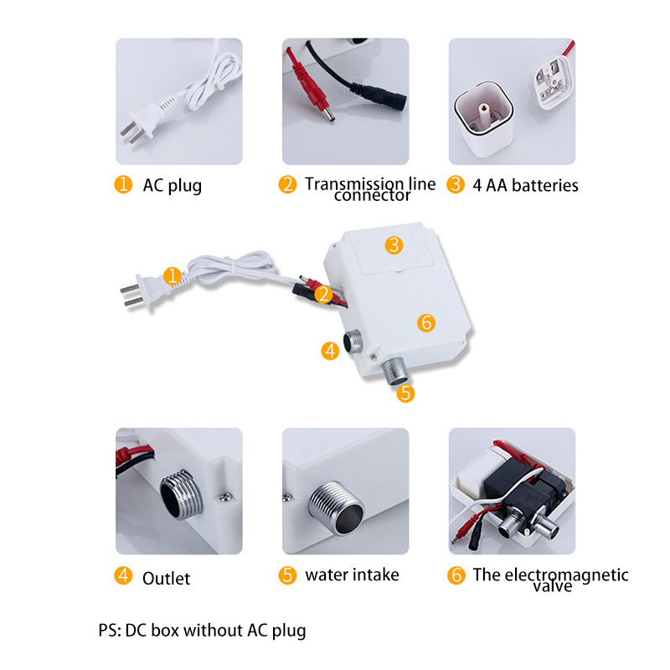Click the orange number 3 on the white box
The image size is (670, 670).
coord(394,245)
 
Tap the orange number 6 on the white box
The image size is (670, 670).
coord(426,322)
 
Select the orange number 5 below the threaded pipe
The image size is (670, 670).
coord(405,394)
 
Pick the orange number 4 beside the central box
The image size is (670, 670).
coord(330,351)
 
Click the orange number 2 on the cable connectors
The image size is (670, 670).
coord(323,295)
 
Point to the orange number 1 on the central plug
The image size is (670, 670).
coord(173,276)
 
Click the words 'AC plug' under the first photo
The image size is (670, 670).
coord(173,186)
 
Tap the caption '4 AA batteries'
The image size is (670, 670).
coord(525,185)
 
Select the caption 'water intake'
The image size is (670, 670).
coord(352,575)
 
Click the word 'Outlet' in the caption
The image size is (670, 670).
coord(166,579)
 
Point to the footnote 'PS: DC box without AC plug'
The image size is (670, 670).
coord(202,631)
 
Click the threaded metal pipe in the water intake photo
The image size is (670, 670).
coord(337,508)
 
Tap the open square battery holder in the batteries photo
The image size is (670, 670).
coord(484,117)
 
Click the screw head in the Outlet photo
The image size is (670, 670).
coord(224,497)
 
